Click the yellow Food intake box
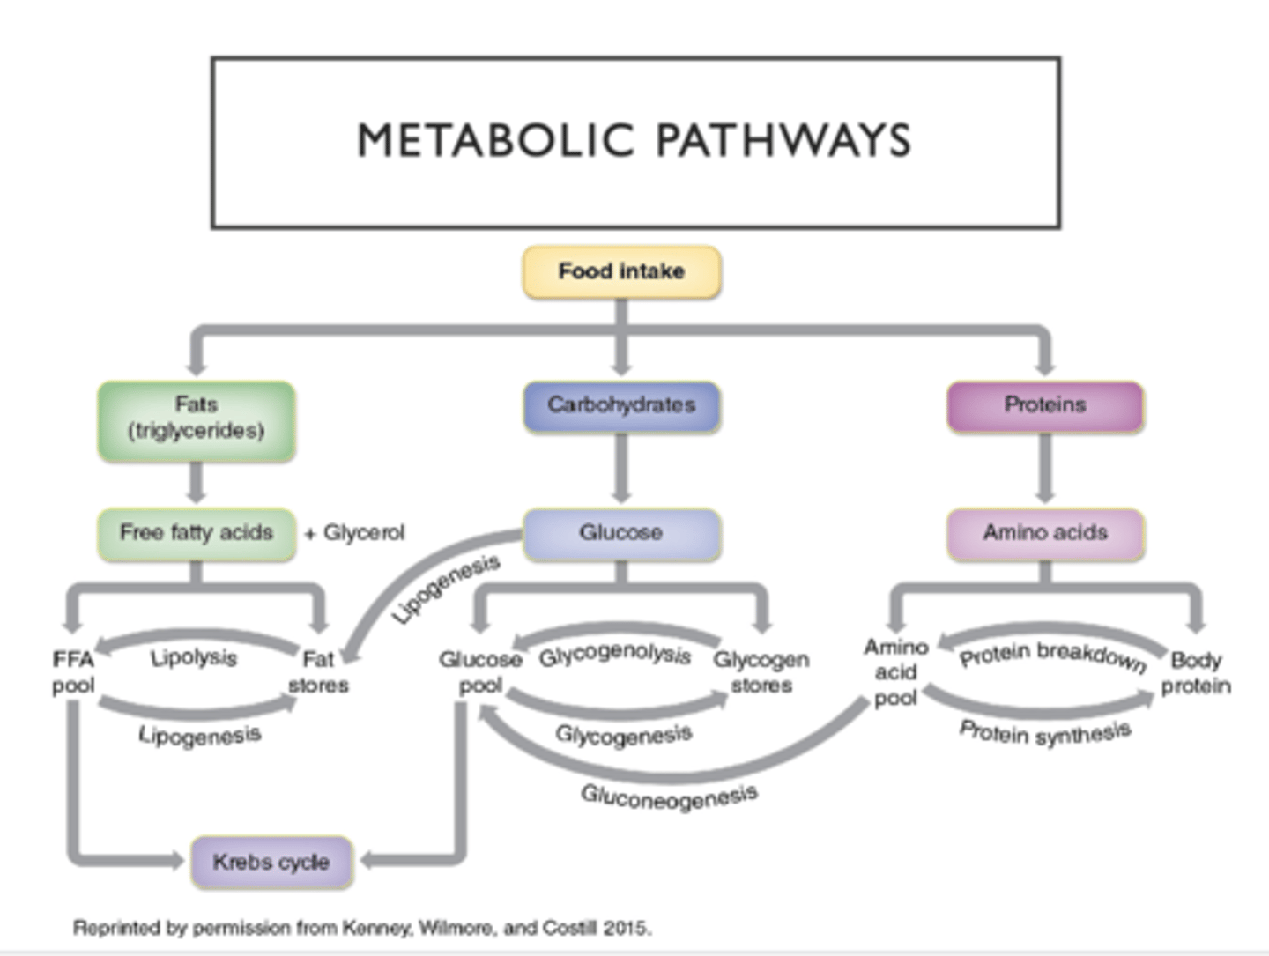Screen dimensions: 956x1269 (621, 272)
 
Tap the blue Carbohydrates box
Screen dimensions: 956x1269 (621, 405)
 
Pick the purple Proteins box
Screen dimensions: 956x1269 (1045, 405)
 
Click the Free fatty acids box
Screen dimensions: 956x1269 (196, 533)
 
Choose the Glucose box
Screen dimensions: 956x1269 (621, 533)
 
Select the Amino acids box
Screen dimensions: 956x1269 (1045, 533)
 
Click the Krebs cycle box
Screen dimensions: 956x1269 (271, 862)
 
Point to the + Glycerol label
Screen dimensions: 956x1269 (354, 533)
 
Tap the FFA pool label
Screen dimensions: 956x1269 (72, 672)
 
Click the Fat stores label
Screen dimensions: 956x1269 (318, 672)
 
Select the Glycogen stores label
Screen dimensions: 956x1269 (761, 672)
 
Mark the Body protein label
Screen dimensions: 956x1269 (1195, 673)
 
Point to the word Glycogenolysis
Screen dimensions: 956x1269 (615, 656)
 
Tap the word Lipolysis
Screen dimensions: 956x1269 (193, 658)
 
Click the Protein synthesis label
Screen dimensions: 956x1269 (1045, 732)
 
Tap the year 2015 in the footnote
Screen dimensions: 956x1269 (627, 928)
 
